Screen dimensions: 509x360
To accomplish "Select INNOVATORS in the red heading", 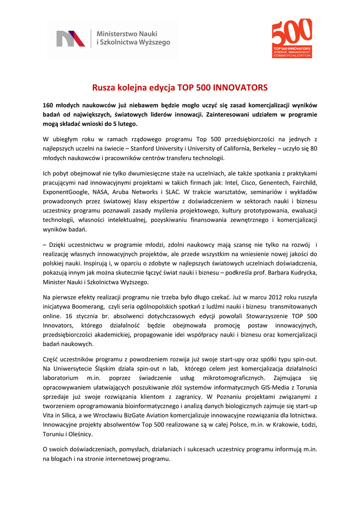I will click(x=240, y=87).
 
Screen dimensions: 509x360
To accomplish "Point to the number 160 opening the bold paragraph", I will click(x=48, y=105).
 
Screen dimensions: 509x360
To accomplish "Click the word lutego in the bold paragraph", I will click(x=125, y=123).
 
